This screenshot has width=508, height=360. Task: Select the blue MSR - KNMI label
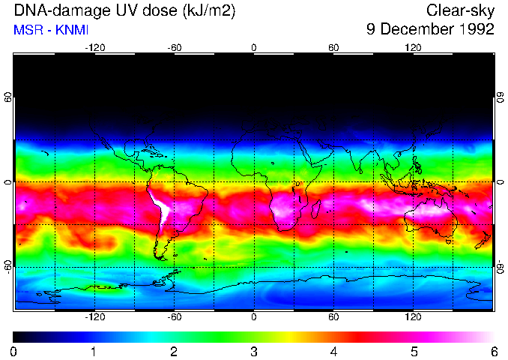[x=46, y=31]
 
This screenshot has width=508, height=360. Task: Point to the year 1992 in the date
[x=477, y=30]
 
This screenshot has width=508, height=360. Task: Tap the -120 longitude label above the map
[x=94, y=47]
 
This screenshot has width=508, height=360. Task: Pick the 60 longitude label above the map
[x=333, y=47]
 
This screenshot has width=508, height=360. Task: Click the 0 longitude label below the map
[x=254, y=317]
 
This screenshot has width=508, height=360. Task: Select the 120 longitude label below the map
[x=413, y=317]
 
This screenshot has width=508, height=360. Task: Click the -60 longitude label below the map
[x=175, y=317]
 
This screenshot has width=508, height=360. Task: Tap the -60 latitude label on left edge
[x=8, y=266]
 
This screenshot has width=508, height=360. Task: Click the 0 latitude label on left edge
[x=8, y=182]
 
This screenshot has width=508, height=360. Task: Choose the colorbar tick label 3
[x=254, y=351]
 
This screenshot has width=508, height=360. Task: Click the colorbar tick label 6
[x=494, y=351]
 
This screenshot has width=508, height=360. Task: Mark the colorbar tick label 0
[x=14, y=351]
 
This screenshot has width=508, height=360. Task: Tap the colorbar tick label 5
[x=414, y=351]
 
